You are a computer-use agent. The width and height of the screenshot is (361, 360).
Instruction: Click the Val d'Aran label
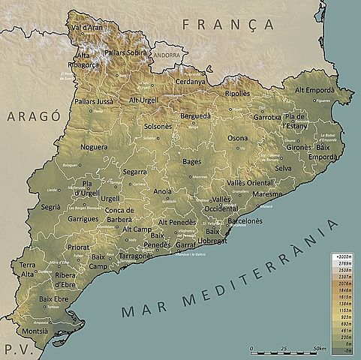pyautogui.click(x=87, y=28)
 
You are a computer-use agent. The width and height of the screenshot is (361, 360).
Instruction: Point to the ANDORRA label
pyautogui.click(x=167, y=55)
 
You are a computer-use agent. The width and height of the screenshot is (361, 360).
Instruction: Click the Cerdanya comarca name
pyautogui.click(x=191, y=82)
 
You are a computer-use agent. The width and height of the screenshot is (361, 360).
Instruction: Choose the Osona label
pyautogui.click(x=237, y=138)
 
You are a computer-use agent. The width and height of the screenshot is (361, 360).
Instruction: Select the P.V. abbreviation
pyautogui.click(x=13, y=349)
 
